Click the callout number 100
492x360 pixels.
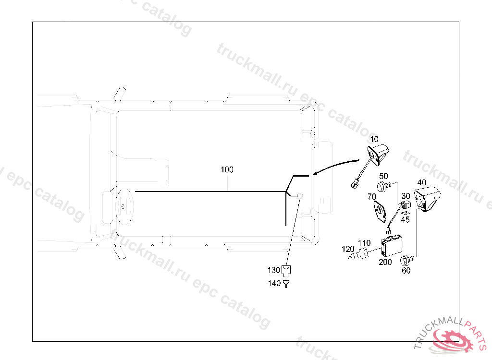(227, 170)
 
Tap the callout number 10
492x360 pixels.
(374, 139)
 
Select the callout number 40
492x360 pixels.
(421, 183)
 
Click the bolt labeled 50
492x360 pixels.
(385, 185)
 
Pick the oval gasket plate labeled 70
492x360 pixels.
(381, 211)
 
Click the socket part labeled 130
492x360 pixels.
(287, 269)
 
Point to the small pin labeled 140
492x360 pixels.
(287, 284)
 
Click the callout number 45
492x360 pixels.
(406, 219)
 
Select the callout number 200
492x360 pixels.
(385, 262)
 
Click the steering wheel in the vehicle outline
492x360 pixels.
(123, 206)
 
